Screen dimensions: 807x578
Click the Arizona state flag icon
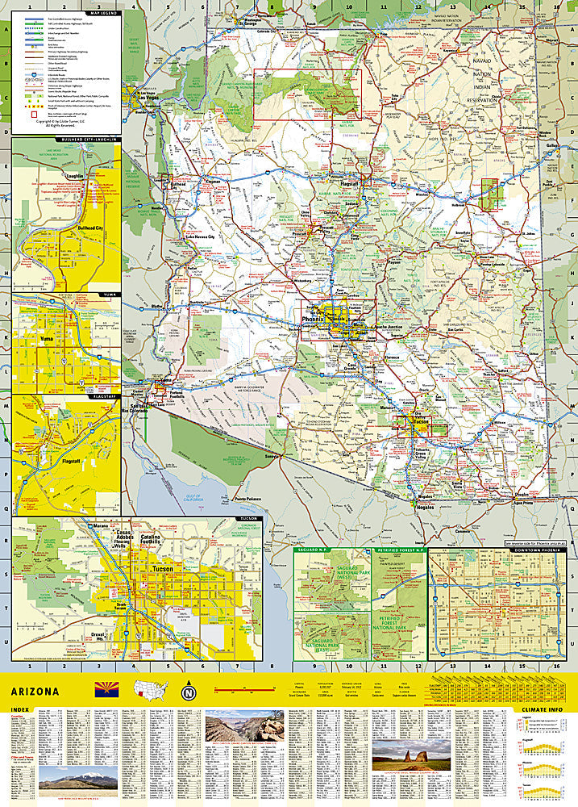coord(106,690)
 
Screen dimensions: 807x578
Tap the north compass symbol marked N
coord(189,692)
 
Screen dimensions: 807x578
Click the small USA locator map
coord(151,691)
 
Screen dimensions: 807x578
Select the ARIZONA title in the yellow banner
coord(35,692)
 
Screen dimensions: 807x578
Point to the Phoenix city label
coord(311,320)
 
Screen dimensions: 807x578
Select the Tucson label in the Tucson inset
coord(164,569)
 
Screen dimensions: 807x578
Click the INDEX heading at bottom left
coord(23,711)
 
